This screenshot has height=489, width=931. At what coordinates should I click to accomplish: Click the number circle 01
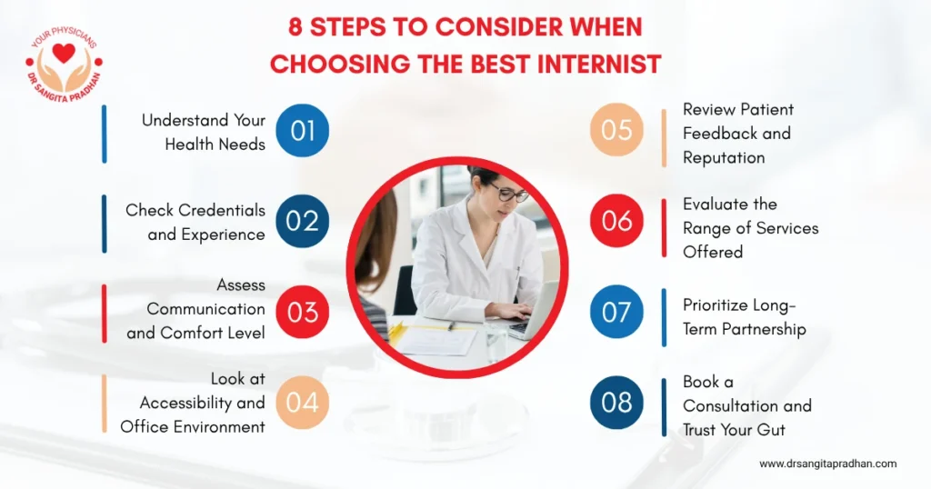click(x=303, y=131)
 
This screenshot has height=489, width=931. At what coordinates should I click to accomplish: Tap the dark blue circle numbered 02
click(x=302, y=222)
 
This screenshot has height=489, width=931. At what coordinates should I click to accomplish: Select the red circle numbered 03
click(x=303, y=312)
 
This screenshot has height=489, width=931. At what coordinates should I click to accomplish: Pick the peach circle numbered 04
click(x=303, y=403)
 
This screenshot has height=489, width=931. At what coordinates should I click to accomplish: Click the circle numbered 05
click(x=616, y=131)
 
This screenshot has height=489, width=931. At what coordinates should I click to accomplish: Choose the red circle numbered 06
click(x=616, y=222)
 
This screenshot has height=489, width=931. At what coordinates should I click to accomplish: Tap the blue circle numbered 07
click(x=616, y=312)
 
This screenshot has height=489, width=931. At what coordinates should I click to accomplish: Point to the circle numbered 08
click(x=616, y=403)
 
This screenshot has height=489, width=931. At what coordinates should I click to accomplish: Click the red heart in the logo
click(x=64, y=54)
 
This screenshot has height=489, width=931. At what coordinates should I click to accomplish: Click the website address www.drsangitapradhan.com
click(x=828, y=464)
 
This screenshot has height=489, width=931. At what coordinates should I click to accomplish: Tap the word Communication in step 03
click(x=206, y=309)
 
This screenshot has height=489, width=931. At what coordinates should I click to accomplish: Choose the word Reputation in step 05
click(x=724, y=157)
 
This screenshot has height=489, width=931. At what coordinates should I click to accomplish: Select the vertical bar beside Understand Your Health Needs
click(x=105, y=134)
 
